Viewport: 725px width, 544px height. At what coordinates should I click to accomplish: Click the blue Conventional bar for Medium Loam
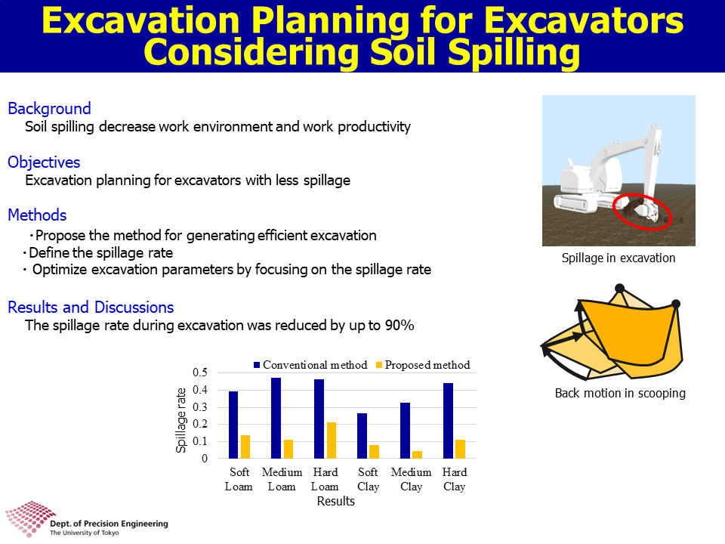(276, 418)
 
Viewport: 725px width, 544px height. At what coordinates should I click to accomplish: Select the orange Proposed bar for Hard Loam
(332, 440)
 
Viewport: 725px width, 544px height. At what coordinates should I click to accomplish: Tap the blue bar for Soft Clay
(362, 436)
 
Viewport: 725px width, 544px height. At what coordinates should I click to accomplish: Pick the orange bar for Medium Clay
(417, 455)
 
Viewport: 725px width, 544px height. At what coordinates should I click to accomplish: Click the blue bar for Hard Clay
(448, 421)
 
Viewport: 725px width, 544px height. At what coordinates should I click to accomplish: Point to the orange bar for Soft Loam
(245, 447)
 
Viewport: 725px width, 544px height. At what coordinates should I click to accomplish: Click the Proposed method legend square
(379, 365)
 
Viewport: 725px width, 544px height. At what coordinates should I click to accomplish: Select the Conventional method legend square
(257, 365)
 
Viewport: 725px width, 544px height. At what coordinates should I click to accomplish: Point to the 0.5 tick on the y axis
(200, 372)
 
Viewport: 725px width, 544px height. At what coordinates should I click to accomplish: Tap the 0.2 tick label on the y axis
(200, 424)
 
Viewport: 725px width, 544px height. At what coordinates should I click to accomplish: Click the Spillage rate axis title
(180, 420)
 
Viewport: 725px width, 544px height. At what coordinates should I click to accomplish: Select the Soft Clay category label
(368, 479)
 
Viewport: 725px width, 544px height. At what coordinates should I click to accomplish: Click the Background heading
(50, 109)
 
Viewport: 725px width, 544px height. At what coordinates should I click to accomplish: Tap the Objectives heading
(44, 162)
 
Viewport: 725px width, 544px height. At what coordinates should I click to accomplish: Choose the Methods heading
(38, 215)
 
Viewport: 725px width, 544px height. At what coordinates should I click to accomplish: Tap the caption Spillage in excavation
(619, 258)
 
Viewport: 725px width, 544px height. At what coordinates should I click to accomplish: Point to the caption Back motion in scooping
(620, 393)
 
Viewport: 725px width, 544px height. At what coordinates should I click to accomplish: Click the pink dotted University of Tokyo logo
(30, 518)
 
